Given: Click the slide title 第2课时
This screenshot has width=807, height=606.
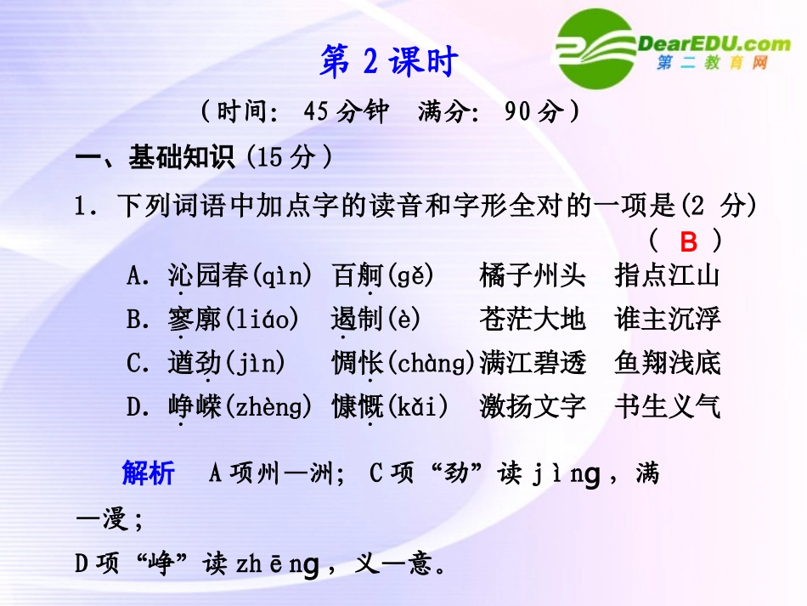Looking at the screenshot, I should coord(389,61).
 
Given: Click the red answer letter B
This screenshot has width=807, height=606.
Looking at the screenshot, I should coord(689,242).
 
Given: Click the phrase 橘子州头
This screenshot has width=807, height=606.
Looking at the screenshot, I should coord(533,275).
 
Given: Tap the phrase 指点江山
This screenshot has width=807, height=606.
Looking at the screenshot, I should coord(668,275).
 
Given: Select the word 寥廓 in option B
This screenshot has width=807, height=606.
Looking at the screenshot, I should coord(194,320).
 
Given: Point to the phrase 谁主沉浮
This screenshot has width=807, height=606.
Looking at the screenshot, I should coord(668,320).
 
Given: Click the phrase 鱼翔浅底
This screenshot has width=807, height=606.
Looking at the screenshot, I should coord(668,364).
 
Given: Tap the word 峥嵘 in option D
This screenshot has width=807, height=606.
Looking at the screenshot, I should coord(194,407).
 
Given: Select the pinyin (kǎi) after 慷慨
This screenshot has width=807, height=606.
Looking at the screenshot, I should coord(417,407).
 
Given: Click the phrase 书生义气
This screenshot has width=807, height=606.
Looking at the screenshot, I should coord(668,407).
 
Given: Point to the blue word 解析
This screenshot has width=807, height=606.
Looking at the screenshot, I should coord(148,473).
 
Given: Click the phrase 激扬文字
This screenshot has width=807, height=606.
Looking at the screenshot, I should coord(533,407).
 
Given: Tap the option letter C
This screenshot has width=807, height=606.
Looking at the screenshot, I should coord(136,364).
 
